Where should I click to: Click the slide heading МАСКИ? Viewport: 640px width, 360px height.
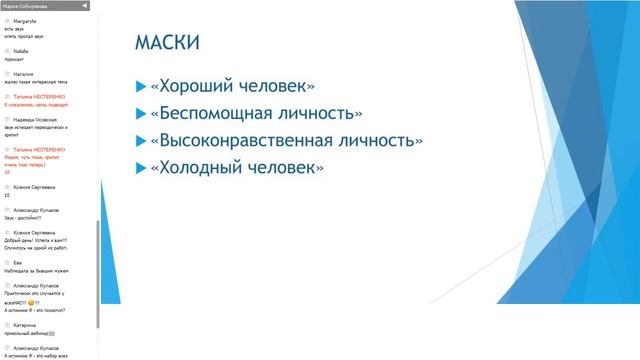click(x=166, y=42)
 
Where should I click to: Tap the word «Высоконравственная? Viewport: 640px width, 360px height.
click(x=249, y=141)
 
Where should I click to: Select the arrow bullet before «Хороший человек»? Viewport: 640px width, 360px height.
click(x=140, y=87)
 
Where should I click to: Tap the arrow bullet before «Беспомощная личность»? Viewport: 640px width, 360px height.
click(x=140, y=114)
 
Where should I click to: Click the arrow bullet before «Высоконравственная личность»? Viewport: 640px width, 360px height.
click(x=140, y=141)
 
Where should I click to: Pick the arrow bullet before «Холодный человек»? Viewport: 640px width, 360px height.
click(x=140, y=168)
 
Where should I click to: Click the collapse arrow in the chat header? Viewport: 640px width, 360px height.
click(x=83, y=6)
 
